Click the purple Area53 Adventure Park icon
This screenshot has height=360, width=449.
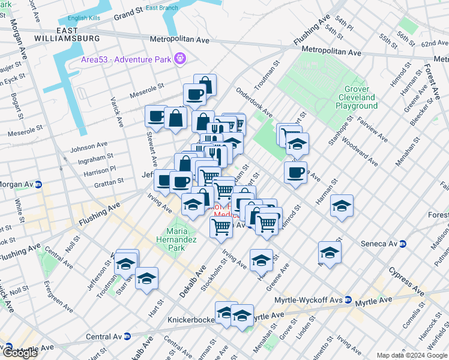pos(179,58)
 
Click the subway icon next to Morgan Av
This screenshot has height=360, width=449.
pos(38,184)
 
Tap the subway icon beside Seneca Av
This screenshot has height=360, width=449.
pos(403,244)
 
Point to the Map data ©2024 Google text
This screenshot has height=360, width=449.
pos(411,355)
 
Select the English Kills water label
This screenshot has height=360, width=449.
pos(85,19)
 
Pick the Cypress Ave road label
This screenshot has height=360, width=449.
pos(406,283)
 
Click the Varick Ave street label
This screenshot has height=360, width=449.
pos(115,112)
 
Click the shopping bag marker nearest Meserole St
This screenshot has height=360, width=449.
pos(205,85)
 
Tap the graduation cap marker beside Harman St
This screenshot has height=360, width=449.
pos(342,206)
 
